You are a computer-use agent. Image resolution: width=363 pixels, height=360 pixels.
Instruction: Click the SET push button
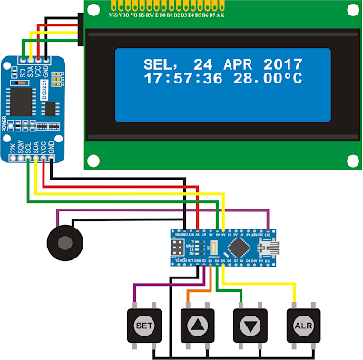(x=143, y=324)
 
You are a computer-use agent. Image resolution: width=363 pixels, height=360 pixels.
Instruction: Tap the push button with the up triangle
(x=194, y=324)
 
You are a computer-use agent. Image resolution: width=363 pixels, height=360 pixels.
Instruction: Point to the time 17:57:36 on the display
(x=176, y=80)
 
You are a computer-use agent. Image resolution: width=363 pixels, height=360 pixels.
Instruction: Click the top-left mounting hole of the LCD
(x=92, y=8)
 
